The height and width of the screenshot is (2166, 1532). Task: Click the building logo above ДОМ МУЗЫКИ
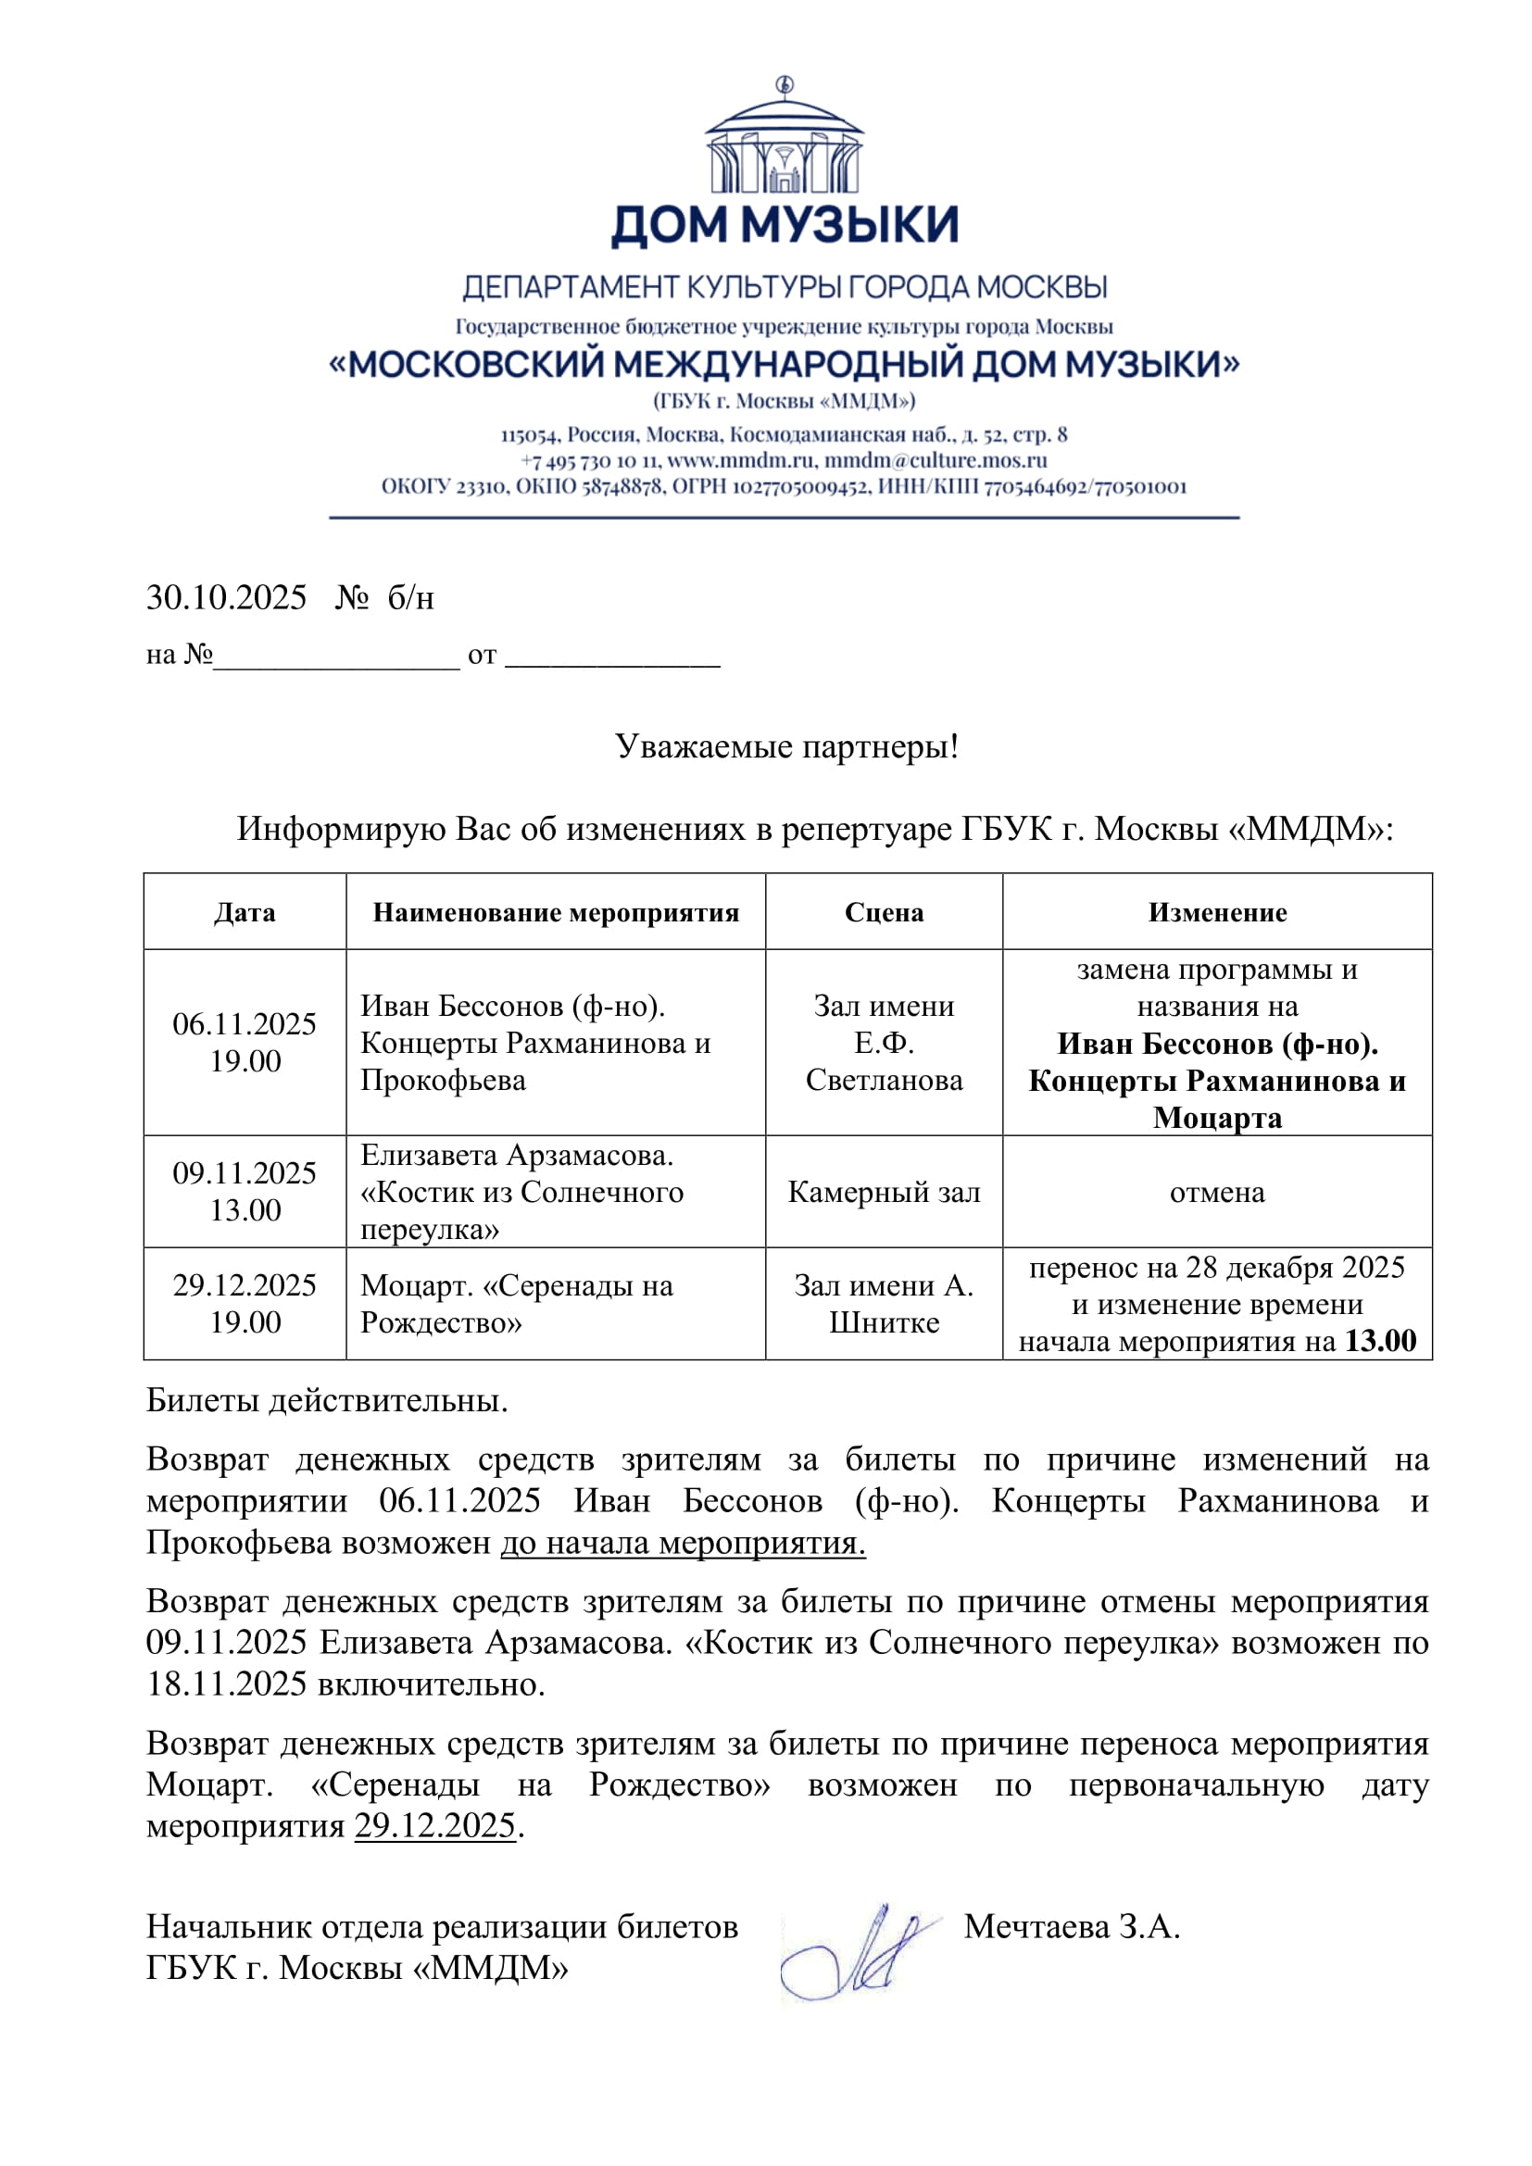click(x=783, y=138)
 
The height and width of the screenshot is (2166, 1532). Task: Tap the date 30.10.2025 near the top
click(x=226, y=598)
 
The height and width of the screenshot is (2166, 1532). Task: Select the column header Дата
click(x=245, y=912)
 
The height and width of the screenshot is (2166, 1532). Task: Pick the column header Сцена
click(x=883, y=912)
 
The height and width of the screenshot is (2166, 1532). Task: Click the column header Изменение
click(x=1217, y=912)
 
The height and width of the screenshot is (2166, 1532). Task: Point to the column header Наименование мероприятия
click(x=556, y=912)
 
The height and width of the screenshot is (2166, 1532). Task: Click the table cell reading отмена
click(x=1217, y=1193)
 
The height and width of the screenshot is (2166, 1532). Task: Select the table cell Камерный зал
click(x=883, y=1193)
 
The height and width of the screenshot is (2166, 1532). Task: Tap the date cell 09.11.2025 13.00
click(x=245, y=1192)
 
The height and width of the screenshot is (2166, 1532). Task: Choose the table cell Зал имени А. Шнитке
click(x=883, y=1304)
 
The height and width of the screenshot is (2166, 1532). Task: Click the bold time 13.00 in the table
click(x=1380, y=1341)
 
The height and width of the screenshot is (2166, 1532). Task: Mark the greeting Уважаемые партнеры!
click(x=786, y=746)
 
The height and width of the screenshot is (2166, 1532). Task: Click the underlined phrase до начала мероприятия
click(x=682, y=1543)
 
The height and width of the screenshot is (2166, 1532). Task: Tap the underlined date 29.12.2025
click(x=435, y=1825)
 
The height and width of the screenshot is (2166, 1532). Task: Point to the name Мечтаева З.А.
click(x=1072, y=1926)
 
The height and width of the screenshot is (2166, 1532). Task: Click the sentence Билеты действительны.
click(x=326, y=1401)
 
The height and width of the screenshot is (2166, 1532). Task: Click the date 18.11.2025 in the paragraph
click(x=226, y=1684)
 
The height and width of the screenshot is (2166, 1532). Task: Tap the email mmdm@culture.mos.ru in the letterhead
click(x=936, y=460)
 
